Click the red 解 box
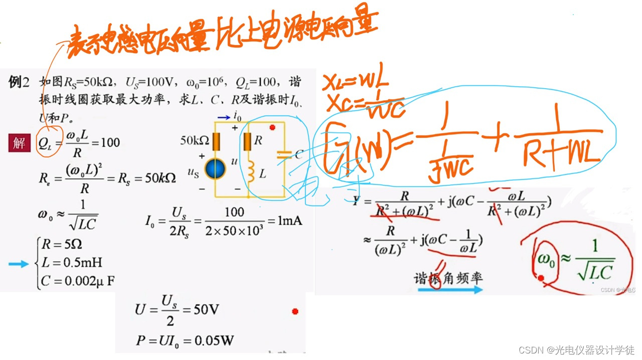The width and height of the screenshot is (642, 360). point(19,143)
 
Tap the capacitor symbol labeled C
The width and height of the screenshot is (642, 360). point(284,155)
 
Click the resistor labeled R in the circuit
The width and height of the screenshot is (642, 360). point(247,142)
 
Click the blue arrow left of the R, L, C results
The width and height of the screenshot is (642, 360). point(19,264)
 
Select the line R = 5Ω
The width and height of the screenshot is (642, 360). point(62,245)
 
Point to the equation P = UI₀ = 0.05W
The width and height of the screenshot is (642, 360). point(185,341)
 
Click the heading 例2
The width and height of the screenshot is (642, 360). point(20,82)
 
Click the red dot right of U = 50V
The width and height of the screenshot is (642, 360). point(295,311)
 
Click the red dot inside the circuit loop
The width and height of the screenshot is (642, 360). point(272,127)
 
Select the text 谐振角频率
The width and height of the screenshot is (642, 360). point(448,278)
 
